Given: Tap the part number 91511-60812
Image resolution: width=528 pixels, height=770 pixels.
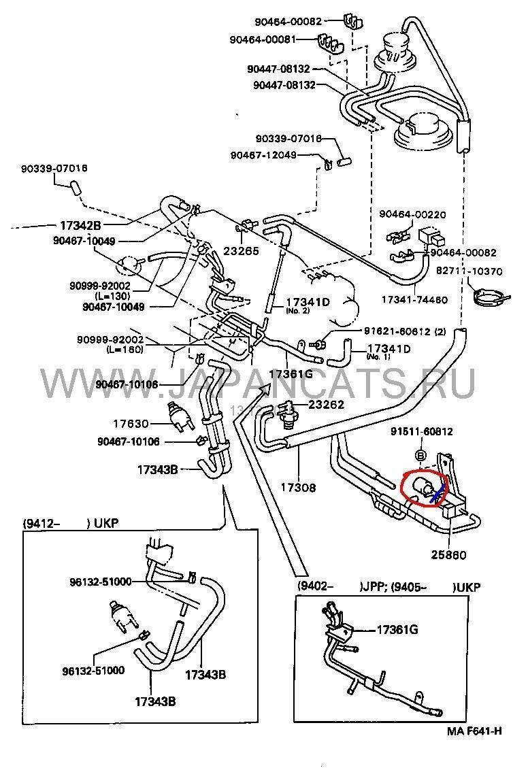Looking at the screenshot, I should tap(422, 431).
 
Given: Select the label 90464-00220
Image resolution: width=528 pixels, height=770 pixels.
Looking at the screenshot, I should tap(414, 215).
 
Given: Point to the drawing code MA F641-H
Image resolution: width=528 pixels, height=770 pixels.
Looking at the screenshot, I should tap(474, 731).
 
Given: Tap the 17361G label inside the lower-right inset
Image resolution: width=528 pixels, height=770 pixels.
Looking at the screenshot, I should tap(397, 630).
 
